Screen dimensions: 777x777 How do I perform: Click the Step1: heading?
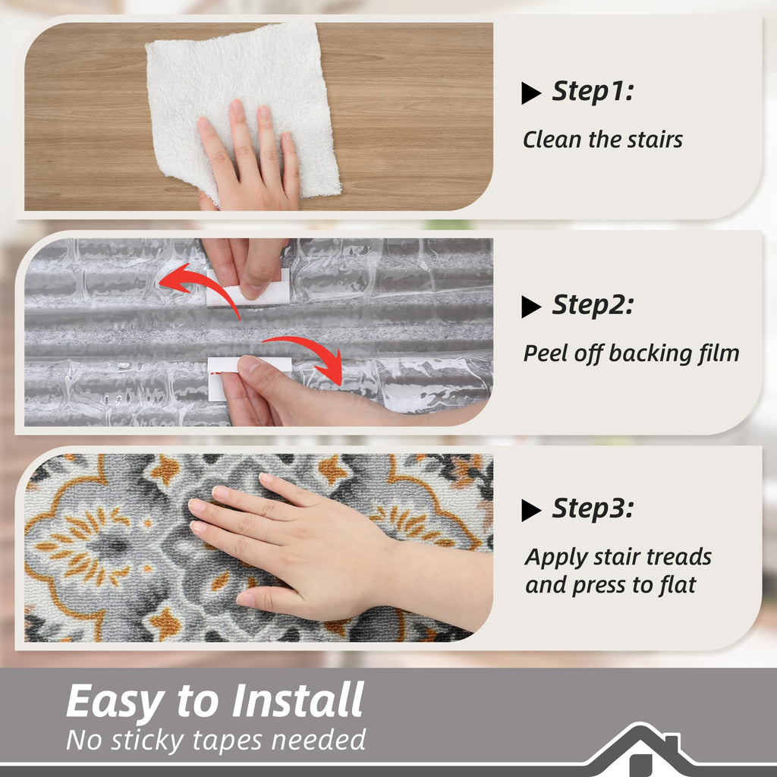point(593,92)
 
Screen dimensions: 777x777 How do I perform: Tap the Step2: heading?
point(593,305)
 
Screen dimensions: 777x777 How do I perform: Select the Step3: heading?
point(593,508)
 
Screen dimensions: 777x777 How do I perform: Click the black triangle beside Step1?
point(530,93)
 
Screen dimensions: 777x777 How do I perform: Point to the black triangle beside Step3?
point(530,511)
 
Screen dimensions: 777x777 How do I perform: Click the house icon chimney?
point(672,745)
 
